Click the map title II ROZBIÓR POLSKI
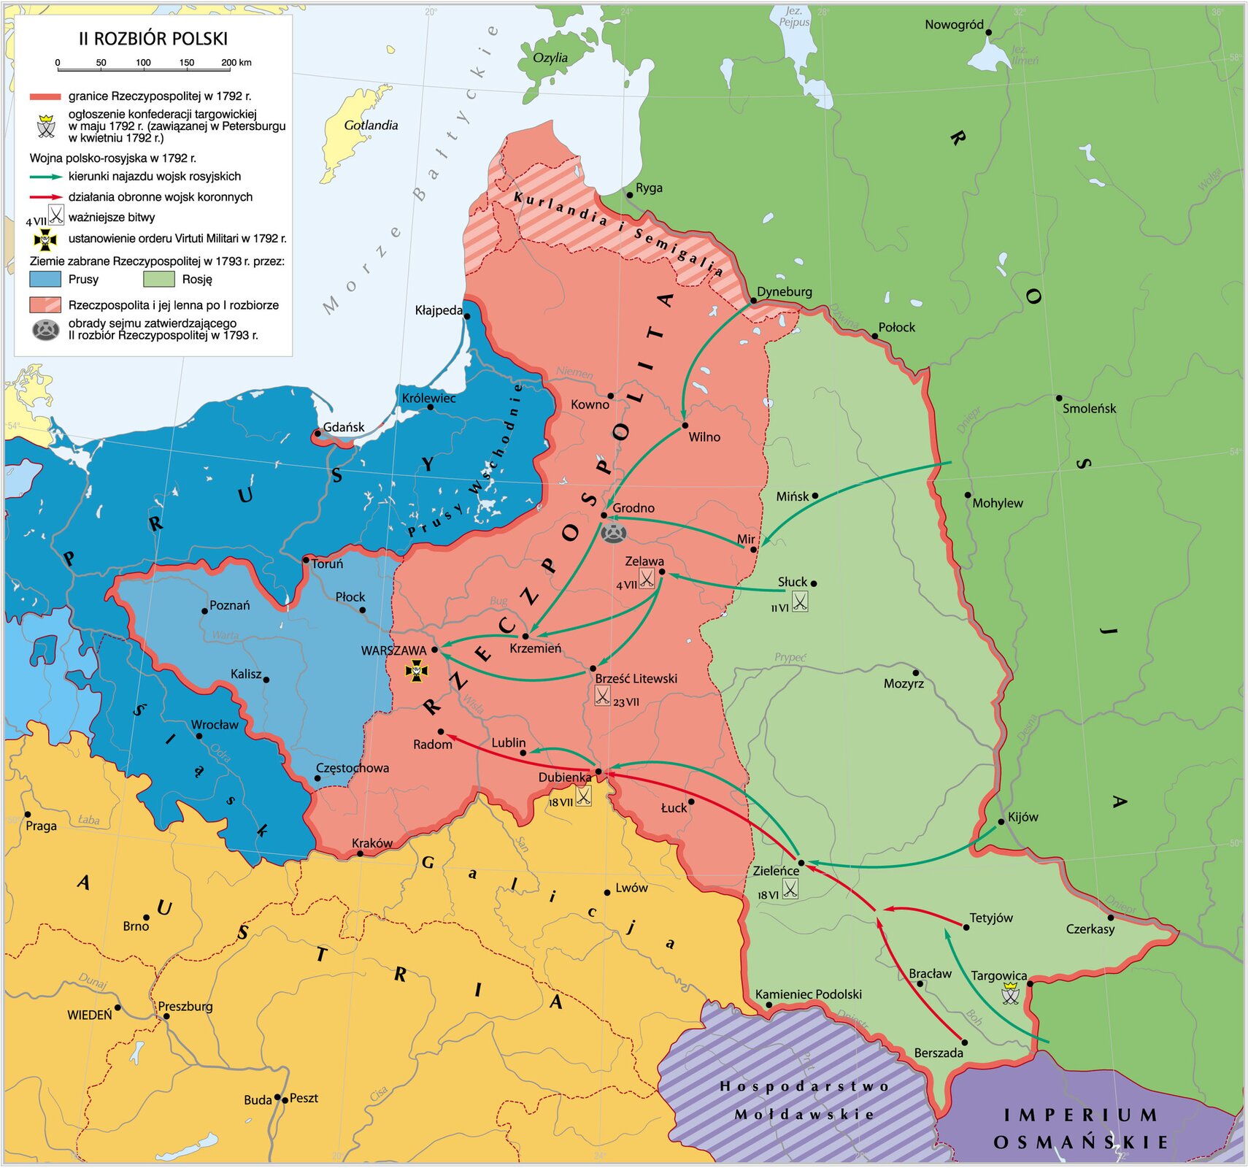click(x=153, y=39)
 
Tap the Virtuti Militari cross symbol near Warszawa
click(x=416, y=670)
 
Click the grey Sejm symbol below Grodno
click(x=613, y=533)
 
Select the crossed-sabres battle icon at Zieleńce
click(x=790, y=888)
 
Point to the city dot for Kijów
click(x=1001, y=821)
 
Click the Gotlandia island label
click(x=371, y=126)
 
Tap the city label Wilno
click(x=704, y=437)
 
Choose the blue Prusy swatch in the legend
click(x=45, y=279)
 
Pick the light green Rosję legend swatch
click(x=159, y=279)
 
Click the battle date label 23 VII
click(x=625, y=702)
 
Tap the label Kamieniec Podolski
click(x=808, y=994)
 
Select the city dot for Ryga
click(x=629, y=195)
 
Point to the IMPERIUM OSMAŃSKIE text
click(x=1080, y=1129)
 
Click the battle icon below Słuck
click(x=800, y=602)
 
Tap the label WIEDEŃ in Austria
click(x=90, y=1015)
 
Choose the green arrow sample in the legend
click(x=45, y=177)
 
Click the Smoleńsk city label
click(x=1088, y=409)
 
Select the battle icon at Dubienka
click(x=583, y=796)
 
